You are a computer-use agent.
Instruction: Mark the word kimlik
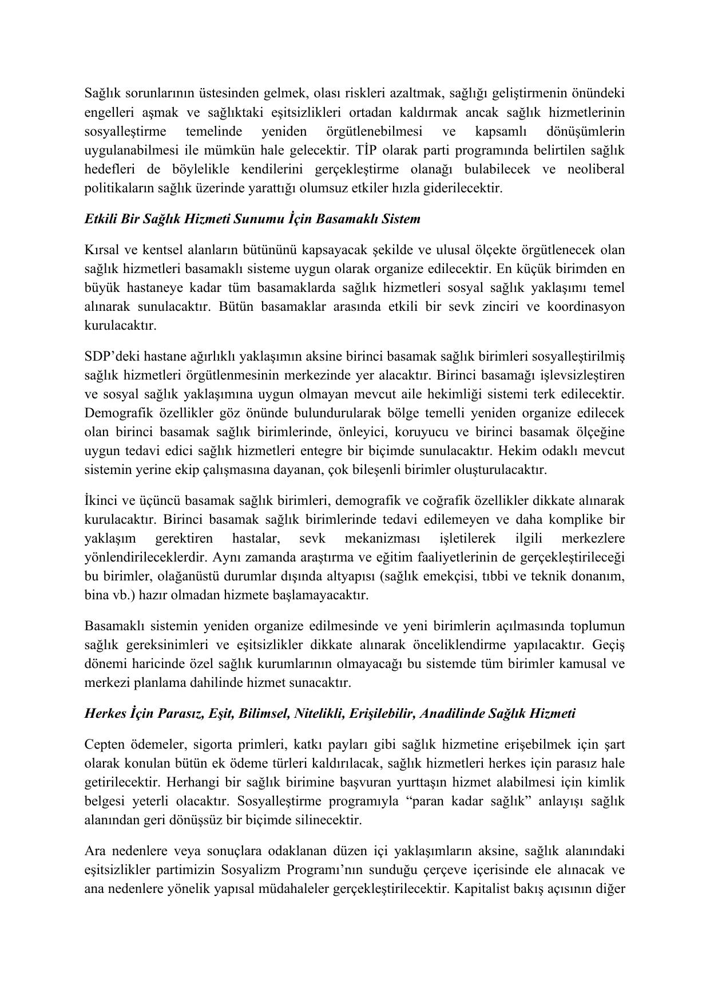tap(608, 782)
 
